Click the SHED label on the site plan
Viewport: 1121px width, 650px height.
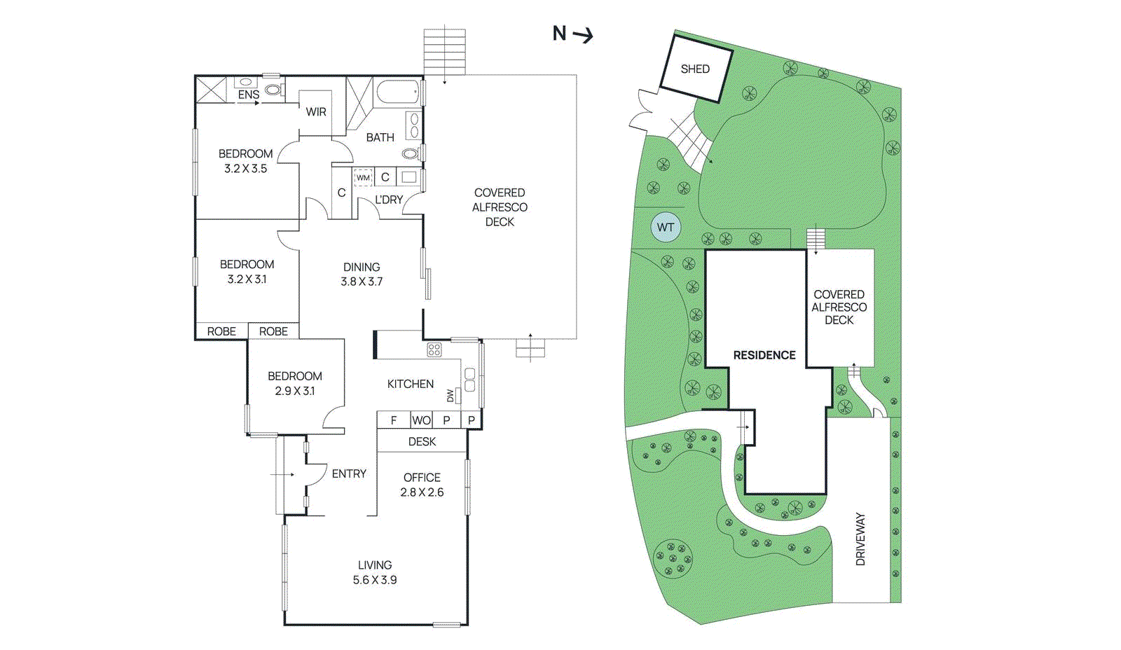695,69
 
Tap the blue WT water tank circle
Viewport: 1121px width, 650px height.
666,227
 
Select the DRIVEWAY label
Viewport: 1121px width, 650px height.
860,539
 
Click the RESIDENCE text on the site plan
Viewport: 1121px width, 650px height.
764,355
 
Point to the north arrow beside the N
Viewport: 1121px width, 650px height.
583,34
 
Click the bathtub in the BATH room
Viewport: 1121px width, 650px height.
397,92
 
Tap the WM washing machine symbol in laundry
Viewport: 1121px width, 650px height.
363,178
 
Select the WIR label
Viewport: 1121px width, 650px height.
316,112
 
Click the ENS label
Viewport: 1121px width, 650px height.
249,95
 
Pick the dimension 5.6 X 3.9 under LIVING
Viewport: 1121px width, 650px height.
375,580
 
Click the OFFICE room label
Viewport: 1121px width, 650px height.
422,478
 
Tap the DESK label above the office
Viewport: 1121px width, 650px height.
422,441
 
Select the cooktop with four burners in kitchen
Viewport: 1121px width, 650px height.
434,350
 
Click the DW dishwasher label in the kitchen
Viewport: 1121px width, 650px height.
451,396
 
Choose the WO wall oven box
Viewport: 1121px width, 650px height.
421,420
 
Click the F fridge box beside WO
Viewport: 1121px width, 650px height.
394,420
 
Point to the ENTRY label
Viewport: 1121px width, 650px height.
349,474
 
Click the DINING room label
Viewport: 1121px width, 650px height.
362,267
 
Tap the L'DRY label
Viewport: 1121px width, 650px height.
389,200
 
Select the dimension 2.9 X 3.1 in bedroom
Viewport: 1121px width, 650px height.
295,391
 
